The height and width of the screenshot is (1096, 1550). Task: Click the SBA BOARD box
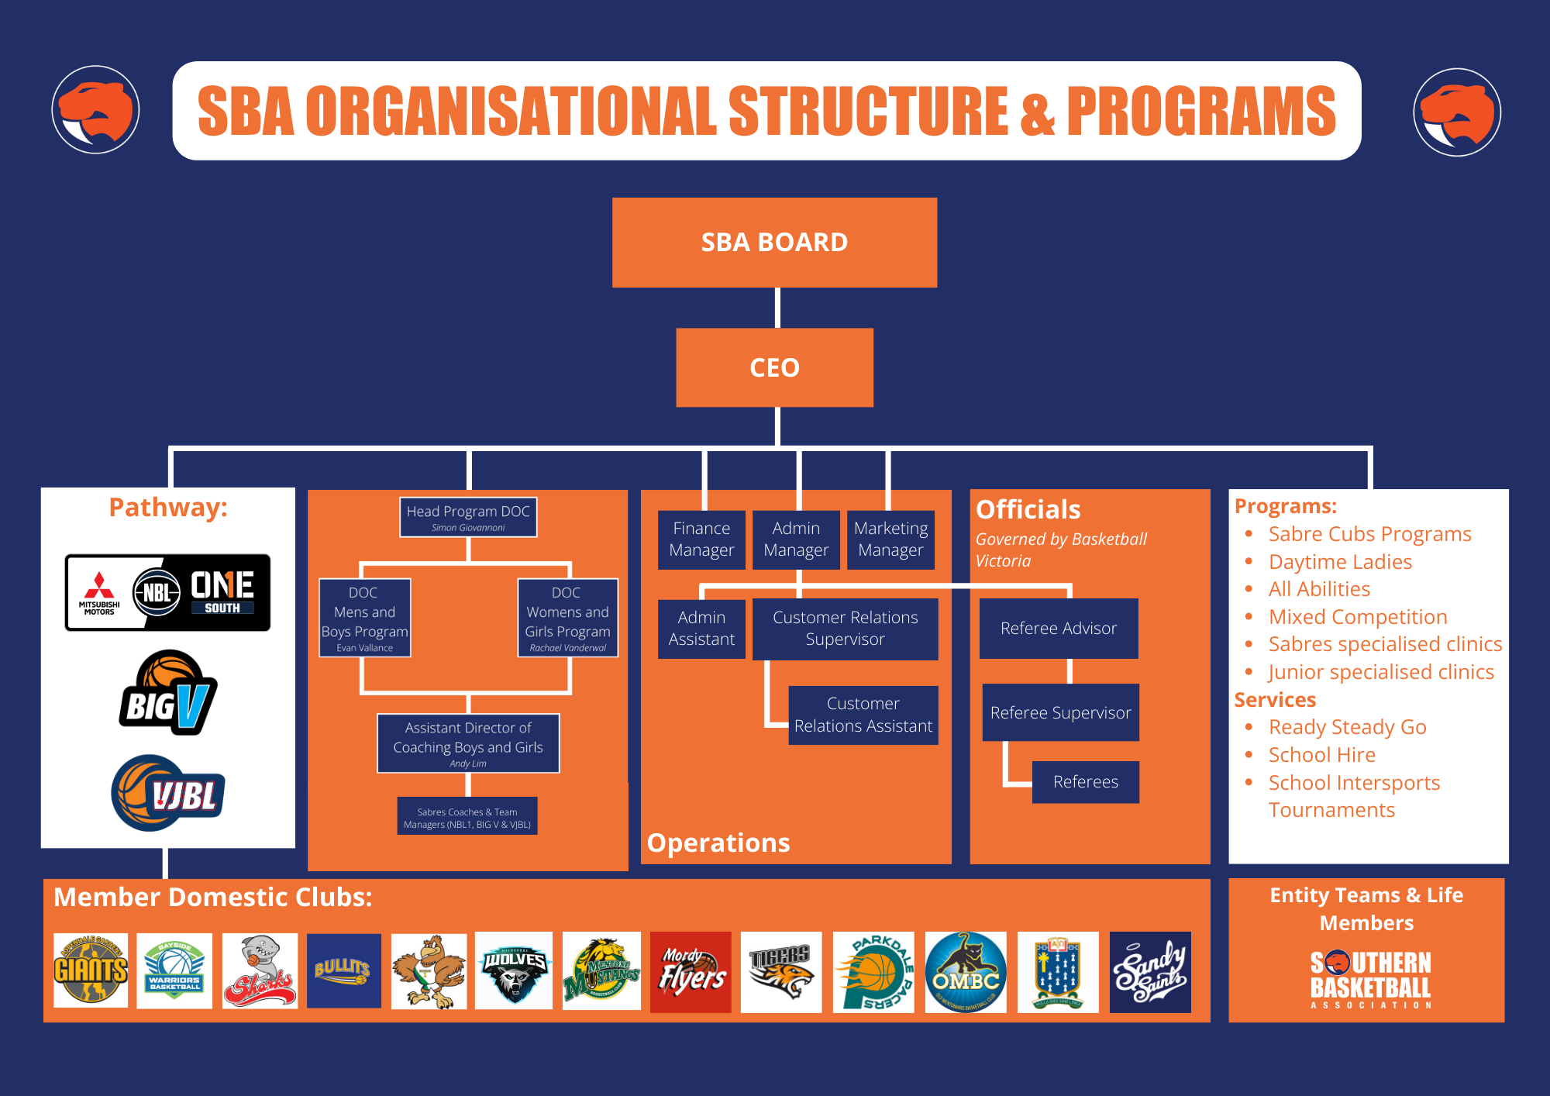click(774, 243)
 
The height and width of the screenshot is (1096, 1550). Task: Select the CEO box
click(774, 367)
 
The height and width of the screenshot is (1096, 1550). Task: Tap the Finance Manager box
click(701, 539)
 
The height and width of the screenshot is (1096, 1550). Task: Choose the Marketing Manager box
click(890, 539)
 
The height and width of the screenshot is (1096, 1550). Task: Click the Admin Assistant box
click(701, 629)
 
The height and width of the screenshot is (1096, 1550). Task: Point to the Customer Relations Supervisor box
click(845, 629)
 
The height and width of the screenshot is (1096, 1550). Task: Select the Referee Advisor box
click(1059, 629)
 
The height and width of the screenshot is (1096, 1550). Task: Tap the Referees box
click(1085, 782)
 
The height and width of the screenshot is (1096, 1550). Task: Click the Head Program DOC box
click(468, 517)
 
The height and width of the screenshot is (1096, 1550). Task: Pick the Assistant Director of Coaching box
click(468, 743)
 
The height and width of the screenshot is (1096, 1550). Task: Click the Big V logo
click(167, 693)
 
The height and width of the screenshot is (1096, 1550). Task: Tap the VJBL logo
click(167, 793)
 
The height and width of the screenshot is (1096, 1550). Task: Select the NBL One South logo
click(167, 593)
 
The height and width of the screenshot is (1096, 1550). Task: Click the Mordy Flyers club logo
click(691, 972)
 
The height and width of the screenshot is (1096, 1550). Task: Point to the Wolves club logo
click(514, 971)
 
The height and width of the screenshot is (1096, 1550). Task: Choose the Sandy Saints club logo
click(1150, 972)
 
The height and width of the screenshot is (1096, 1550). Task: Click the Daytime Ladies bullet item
click(1340, 562)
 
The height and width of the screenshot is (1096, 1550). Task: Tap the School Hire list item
click(1322, 755)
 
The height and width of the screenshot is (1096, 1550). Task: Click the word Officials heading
click(1028, 510)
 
